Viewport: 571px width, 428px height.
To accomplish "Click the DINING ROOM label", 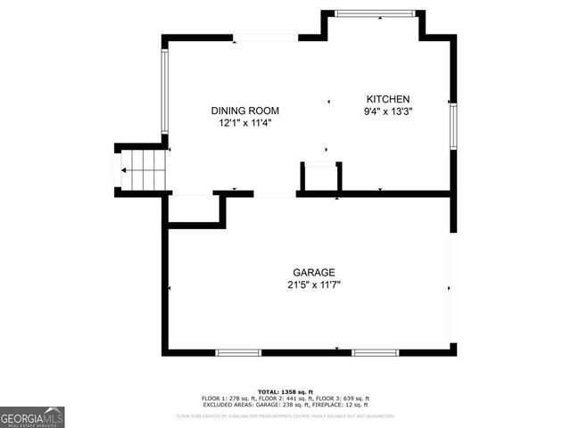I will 245,111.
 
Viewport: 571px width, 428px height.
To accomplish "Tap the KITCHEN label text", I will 387,99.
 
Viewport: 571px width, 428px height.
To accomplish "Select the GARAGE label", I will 314,272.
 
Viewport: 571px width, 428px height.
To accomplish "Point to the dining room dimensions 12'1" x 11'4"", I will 245,123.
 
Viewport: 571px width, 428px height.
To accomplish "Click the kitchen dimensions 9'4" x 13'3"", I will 387,111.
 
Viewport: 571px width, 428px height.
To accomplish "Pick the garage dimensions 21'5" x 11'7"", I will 314,284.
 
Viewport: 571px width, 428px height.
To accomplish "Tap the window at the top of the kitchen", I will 375,12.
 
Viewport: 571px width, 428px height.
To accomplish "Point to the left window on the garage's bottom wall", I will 239,352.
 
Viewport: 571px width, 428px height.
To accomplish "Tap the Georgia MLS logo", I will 32,417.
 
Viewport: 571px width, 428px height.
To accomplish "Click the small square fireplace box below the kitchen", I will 320,176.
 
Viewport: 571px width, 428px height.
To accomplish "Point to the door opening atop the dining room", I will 266,37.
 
